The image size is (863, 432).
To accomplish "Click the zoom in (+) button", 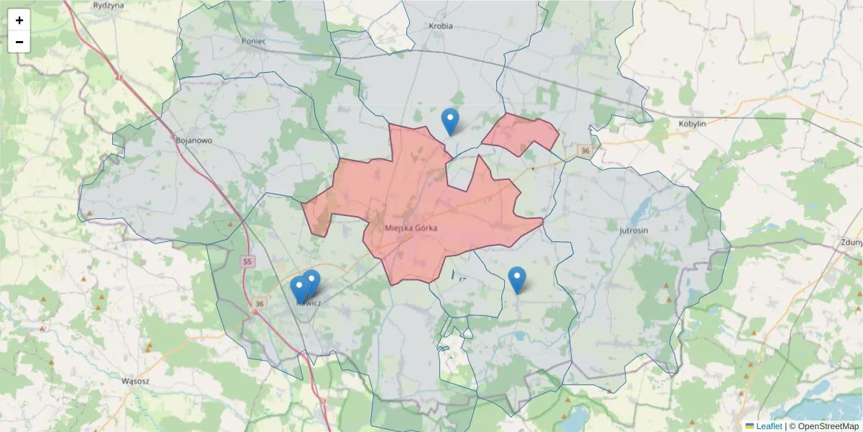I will [x=19, y=20].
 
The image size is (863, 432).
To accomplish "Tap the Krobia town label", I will [x=440, y=26].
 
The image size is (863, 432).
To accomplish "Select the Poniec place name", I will [x=255, y=41].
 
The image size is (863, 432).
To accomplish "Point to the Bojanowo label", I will [x=194, y=140].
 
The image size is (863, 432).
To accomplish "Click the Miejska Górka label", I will [x=411, y=228].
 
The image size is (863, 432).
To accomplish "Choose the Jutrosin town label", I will [x=634, y=230].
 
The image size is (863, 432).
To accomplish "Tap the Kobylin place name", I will [x=693, y=124].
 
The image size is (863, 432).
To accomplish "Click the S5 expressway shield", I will [x=247, y=261].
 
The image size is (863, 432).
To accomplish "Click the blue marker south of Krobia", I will [x=450, y=121].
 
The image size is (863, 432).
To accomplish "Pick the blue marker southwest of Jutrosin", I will [x=517, y=279].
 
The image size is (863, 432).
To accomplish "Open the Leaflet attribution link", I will [x=768, y=426].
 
